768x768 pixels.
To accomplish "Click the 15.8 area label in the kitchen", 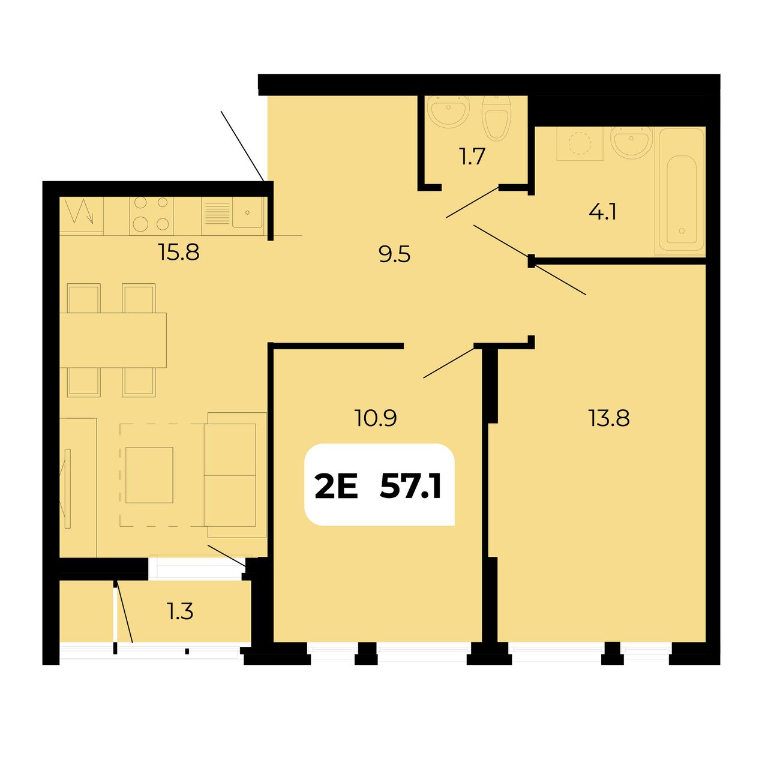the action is click(179, 252).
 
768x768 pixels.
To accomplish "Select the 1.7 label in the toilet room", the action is click(472, 156).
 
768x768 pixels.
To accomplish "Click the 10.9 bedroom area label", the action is click(376, 418).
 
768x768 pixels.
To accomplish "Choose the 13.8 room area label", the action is click(608, 418).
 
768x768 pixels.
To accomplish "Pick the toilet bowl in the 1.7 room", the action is click(496, 118).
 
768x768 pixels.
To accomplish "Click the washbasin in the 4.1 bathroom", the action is click(631, 142).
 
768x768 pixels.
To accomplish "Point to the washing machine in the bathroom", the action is click(580, 144).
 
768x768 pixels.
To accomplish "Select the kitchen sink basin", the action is click(247, 212).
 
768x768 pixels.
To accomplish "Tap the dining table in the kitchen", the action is click(113, 340).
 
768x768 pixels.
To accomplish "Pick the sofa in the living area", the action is click(235, 475).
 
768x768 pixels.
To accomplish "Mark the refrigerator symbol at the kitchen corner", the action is click(82, 215).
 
